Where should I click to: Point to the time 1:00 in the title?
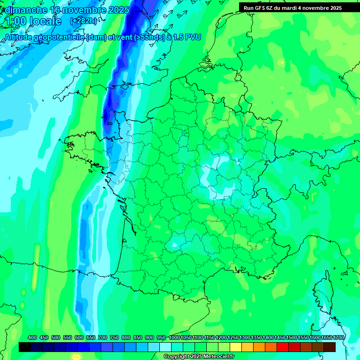(16, 21)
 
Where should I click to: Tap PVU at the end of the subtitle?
(193, 37)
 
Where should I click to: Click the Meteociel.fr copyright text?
(199, 357)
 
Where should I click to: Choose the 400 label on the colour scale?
(32, 338)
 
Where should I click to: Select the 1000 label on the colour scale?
(174, 338)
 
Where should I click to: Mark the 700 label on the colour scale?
(103, 338)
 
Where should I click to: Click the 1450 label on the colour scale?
(280, 338)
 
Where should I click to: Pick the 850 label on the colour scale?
(138, 338)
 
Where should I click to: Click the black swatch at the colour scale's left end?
(25, 347)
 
